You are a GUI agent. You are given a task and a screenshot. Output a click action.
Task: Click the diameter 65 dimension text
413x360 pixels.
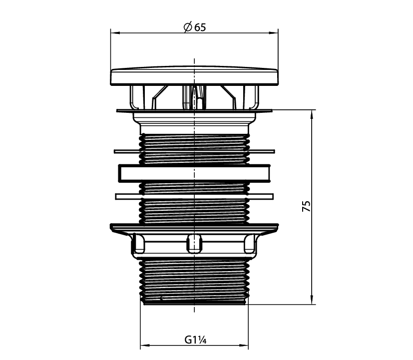tap(195, 27)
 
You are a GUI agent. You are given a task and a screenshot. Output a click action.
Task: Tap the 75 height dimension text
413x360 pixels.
tap(306, 206)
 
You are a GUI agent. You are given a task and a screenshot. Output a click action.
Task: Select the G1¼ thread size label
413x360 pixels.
tap(195, 340)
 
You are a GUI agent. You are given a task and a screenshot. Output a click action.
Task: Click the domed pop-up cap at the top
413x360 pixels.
tap(194, 75)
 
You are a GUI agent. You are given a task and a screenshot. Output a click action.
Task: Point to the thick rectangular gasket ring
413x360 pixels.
tap(194, 173)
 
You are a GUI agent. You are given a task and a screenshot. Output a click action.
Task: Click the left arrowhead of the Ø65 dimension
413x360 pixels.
tap(115, 33)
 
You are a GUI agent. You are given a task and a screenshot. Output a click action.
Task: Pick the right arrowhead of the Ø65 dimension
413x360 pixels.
tap(274, 33)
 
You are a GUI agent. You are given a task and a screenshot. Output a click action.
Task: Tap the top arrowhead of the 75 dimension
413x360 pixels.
tap(312, 115)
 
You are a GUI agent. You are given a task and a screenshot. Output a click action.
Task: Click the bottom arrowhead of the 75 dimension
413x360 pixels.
tap(312, 300)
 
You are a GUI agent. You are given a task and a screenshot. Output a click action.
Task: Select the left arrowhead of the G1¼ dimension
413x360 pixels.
tap(145, 345)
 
